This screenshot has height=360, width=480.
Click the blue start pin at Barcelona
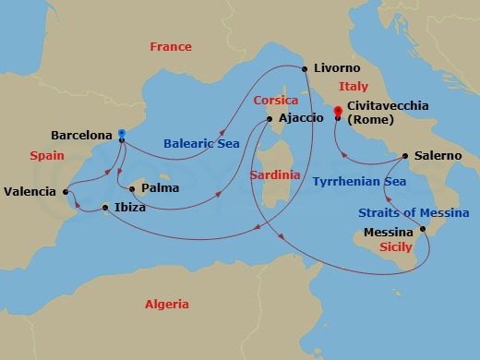[122, 134]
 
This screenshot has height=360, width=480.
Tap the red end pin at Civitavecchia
[339, 112]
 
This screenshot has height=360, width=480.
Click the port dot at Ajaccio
[269, 118]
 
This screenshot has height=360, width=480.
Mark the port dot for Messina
[423, 229]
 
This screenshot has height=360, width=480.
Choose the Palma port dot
[133, 189]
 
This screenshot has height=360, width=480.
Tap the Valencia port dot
[66, 192]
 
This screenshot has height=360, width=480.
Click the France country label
[171, 47]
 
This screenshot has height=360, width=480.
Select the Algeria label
[166, 304]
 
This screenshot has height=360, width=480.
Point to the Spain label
[46, 157]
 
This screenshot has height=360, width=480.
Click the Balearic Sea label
[201, 143]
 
